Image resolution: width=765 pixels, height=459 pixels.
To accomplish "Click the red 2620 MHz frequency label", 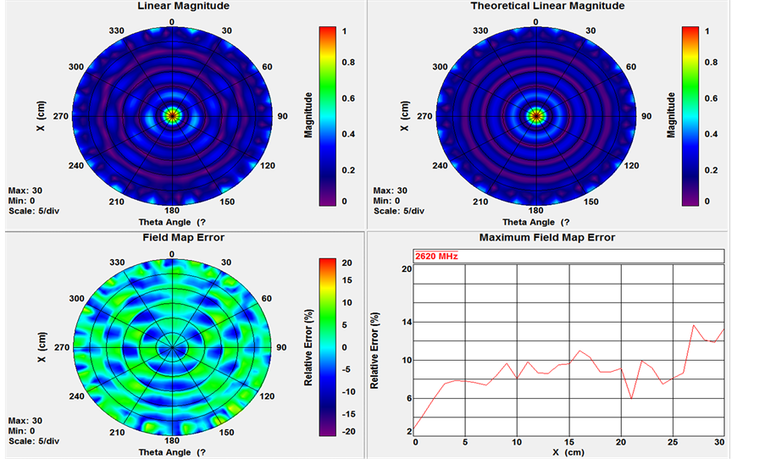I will pos(436,256).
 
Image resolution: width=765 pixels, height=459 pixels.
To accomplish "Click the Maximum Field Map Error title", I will pos(547,238).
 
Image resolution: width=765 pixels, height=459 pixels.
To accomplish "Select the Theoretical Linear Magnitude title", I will pos(547,6).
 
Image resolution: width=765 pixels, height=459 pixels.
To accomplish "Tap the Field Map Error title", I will pos(172,238).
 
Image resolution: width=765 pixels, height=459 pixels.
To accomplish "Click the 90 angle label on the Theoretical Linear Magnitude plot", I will pos(646,116).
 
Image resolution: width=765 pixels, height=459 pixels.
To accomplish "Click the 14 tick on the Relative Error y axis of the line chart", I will pos(407,323).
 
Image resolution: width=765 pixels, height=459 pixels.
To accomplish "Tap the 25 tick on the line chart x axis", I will pos(673,443).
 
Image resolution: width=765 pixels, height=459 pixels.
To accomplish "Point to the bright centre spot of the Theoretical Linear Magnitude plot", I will pos(535,114).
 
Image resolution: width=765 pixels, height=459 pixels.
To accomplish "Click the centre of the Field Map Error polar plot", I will pos(172,347).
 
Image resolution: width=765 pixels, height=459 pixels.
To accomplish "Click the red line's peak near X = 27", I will pos(694,324).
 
